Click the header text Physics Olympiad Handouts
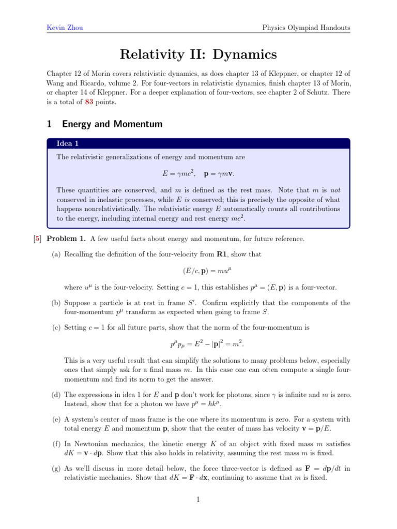[307, 27]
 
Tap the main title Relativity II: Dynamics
[198, 54]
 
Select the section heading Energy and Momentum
[112, 124]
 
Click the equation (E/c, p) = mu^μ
[198, 271]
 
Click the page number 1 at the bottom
[198, 500]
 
